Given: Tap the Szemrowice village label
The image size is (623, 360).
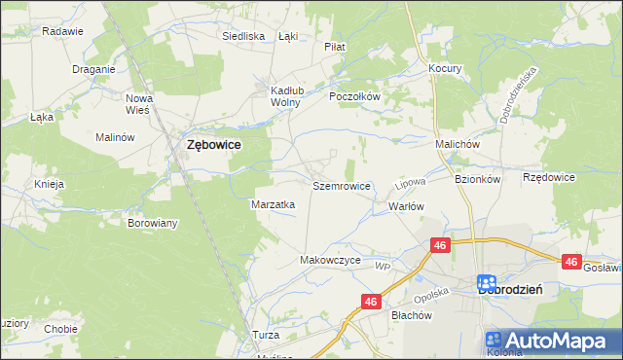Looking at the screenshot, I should (x=341, y=185).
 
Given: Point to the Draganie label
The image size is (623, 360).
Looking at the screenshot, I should (x=94, y=69).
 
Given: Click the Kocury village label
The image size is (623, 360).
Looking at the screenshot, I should (x=445, y=69).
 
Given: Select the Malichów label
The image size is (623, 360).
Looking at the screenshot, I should (x=458, y=144).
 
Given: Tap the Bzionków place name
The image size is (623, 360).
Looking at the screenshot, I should (x=477, y=180).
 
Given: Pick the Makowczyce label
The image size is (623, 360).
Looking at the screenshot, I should (x=331, y=261).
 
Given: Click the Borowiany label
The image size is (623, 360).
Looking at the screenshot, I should (x=153, y=223).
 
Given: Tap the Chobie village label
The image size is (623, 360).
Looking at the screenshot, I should (x=60, y=329).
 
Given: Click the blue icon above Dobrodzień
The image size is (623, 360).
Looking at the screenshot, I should (x=489, y=283).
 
